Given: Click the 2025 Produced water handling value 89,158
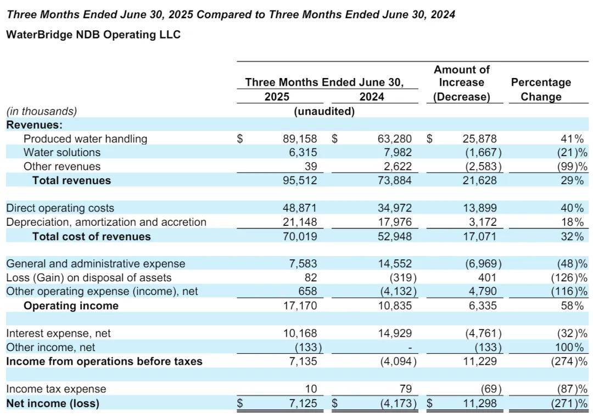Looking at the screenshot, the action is pyautogui.click(x=300, y=139).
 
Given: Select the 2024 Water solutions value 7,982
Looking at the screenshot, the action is pyautogui.click(x=394, y=153).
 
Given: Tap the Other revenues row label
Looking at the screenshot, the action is pyautogui.click(x=62, y=167).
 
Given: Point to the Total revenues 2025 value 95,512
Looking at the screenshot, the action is pyautogui.click(x=300, y=181).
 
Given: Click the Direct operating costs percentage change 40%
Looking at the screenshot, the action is pyautogui.click(x=572, y=208).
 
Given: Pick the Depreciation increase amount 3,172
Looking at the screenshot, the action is pyautogui.click(x=483, y=222).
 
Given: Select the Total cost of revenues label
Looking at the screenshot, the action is pyautogui.click(x=92, y=237).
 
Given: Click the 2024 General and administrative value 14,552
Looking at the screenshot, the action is pyautogui.click(x=394, y=264).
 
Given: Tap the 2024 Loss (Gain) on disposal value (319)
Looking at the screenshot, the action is pyautogui.click(x=403, y=278).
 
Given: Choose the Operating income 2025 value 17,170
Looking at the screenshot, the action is pyautogui.click(x=300, y=306).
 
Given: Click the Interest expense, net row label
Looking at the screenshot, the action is pyautogui.click(x=59, y=334).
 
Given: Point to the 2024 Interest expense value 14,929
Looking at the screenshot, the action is pyautogui.click(x=394, y=334).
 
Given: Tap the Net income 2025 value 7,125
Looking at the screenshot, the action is pyautogui.click(x=303, y=403).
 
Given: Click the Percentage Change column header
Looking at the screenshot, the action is pyautogui.click(x=541, y=90).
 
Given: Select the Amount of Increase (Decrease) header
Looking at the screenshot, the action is pyautogui.click(x=461, y=84).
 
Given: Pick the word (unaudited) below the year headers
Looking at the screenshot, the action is pyautogui.click(x=325, y=112).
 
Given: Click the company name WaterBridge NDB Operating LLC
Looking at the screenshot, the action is pyautogui.click(x=93, y=35).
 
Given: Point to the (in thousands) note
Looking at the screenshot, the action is pyautogui.click(x=42, y=112).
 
